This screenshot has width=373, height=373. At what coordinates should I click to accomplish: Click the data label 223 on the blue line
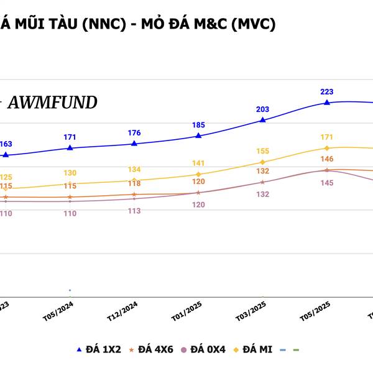327,91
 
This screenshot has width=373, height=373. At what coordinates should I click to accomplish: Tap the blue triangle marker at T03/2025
263,120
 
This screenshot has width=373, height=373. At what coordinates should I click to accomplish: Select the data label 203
263,109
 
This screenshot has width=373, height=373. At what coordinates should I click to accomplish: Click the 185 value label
198,125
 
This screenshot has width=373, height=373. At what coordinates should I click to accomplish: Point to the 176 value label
134,132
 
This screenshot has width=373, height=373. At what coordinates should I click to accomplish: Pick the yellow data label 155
263,151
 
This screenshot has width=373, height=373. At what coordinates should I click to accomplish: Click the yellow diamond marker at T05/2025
327,148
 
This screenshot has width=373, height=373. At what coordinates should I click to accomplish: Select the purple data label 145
327,183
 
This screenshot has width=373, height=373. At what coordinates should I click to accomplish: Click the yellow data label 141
198,163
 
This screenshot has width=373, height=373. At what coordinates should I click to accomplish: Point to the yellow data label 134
134,170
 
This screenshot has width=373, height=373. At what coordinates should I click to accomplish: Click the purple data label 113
134,211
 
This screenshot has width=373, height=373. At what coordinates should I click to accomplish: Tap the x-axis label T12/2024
122,310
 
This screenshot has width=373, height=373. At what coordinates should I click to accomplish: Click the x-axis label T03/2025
251,310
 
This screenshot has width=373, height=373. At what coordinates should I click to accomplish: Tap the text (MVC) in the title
252,24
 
